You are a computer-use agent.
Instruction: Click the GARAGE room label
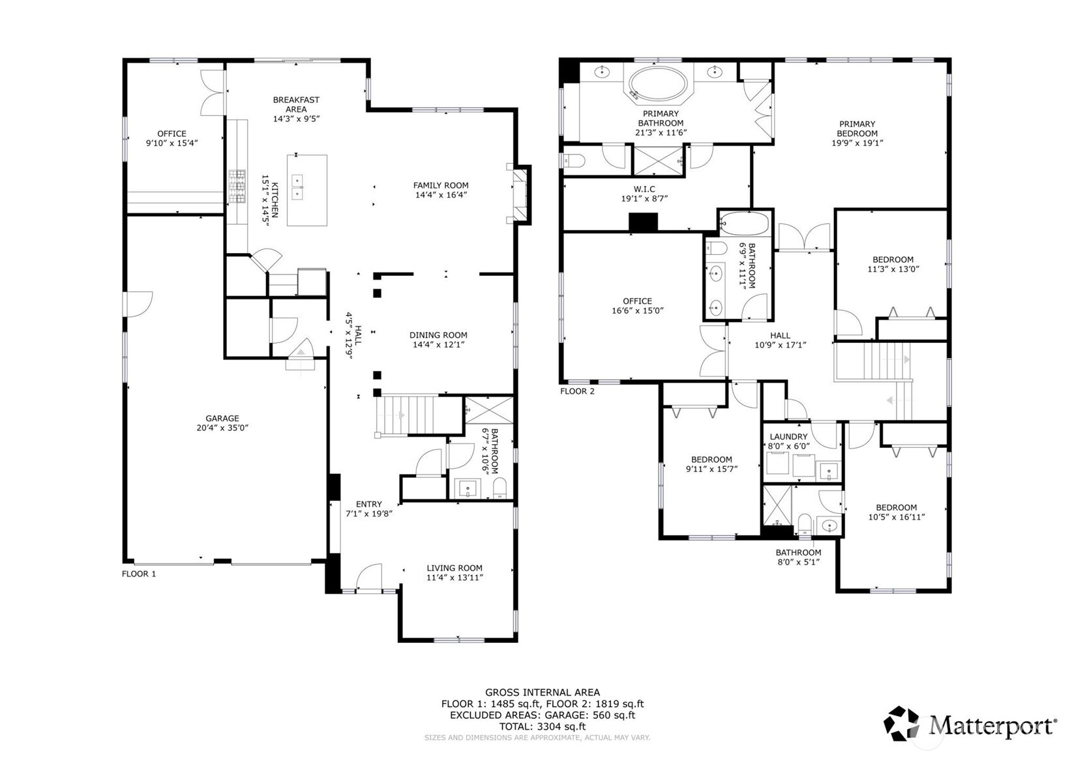(x=222, y=418)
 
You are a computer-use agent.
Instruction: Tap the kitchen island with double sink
(x=306, y=190)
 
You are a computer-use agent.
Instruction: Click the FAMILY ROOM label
(x=441, y=185)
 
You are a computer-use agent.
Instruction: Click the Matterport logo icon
(x=901, y=724)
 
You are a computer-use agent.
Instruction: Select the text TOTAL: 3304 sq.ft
(x=542, y=726)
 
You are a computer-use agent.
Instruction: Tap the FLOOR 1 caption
(x=139, y=574)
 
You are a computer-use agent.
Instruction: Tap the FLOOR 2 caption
(x=577, y=391)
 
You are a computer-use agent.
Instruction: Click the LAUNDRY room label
(x=788, y=437)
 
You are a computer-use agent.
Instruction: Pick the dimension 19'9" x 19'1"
(x=857, y=143)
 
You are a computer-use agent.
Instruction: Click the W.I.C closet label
(x=644, y=189)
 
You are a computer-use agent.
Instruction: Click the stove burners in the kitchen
(x=236, y=186)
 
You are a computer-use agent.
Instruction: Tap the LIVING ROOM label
(x=455, y=568)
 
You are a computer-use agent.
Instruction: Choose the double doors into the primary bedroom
(x=804, y=237)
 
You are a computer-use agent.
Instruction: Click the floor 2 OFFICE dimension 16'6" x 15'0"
(x=637, y=310)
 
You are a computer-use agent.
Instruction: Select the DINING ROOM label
(x=438, y=335)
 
